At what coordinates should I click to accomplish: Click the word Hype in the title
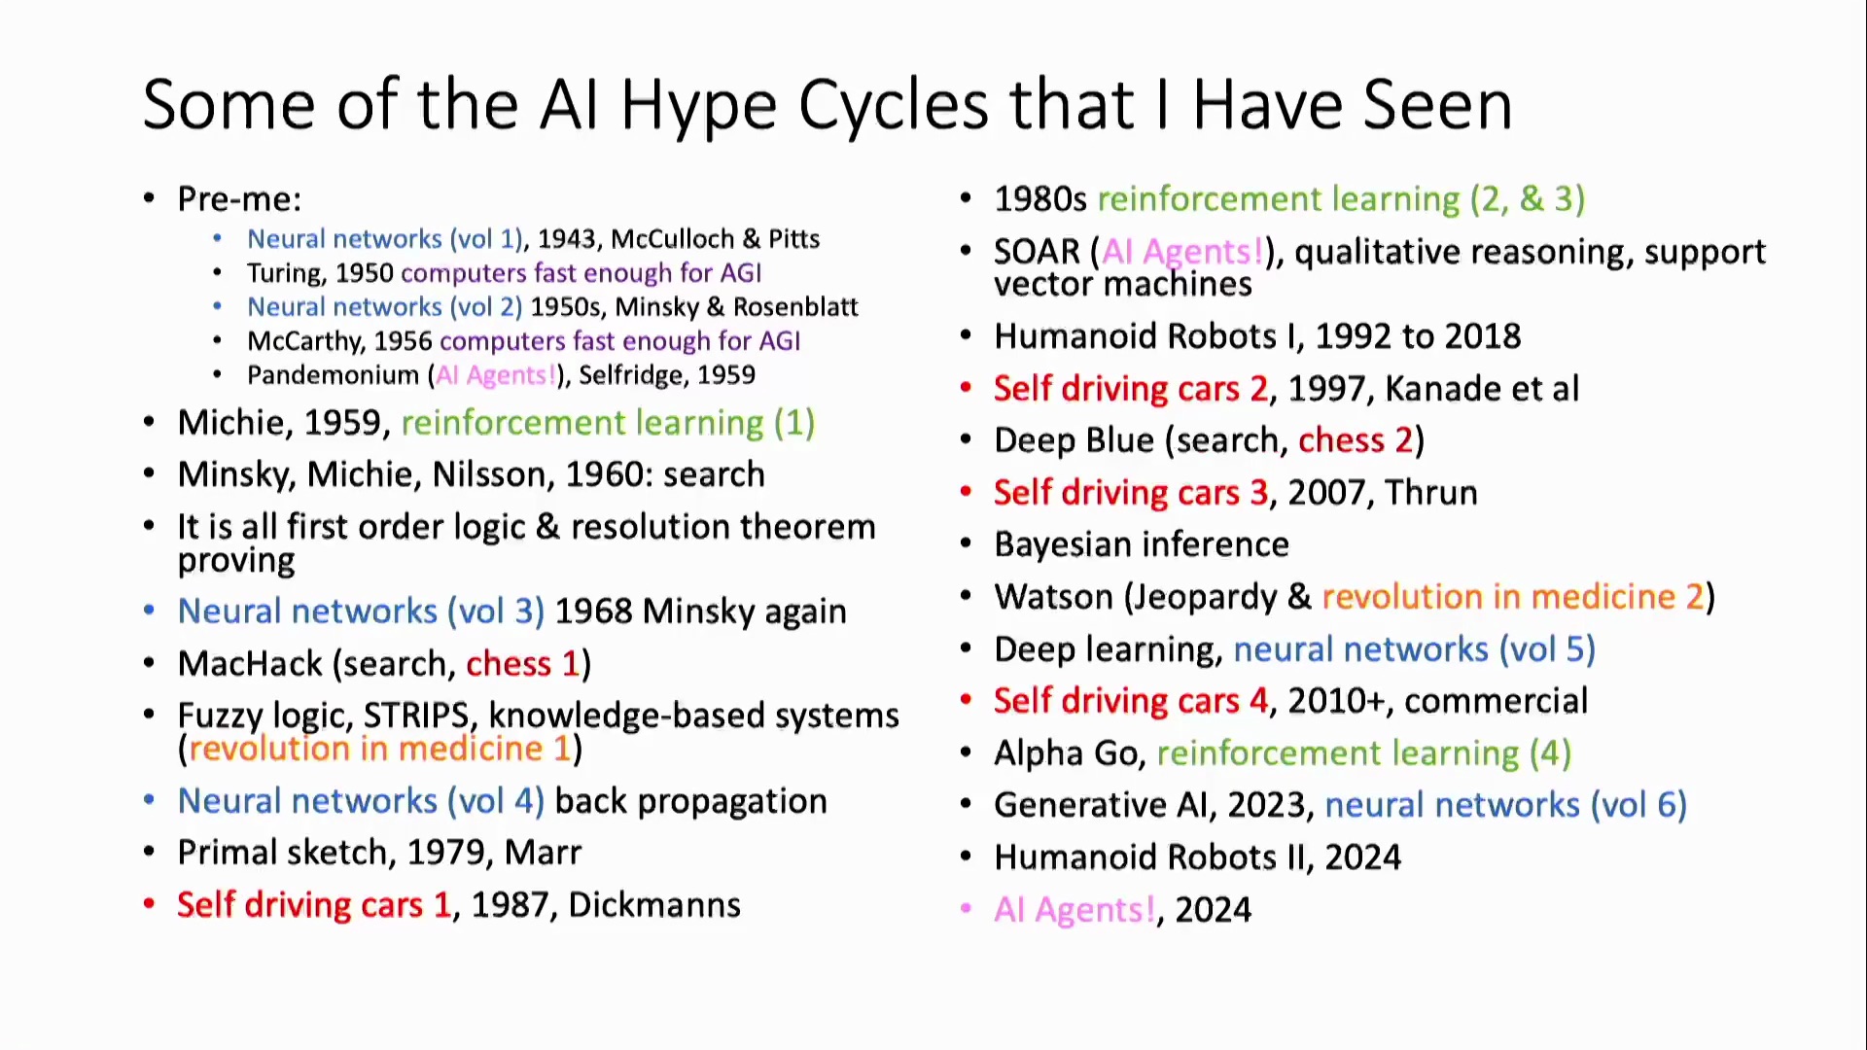(x=699, y=107)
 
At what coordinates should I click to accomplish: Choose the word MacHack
(x=250, y=664)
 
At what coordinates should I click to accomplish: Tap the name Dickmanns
(x=654, y=905)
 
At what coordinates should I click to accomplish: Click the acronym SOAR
(x=1037, y=252)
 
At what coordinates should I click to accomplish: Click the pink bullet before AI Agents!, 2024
(x=966, y=909)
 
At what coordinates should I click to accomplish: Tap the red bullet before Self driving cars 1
(x=149, y=904)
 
